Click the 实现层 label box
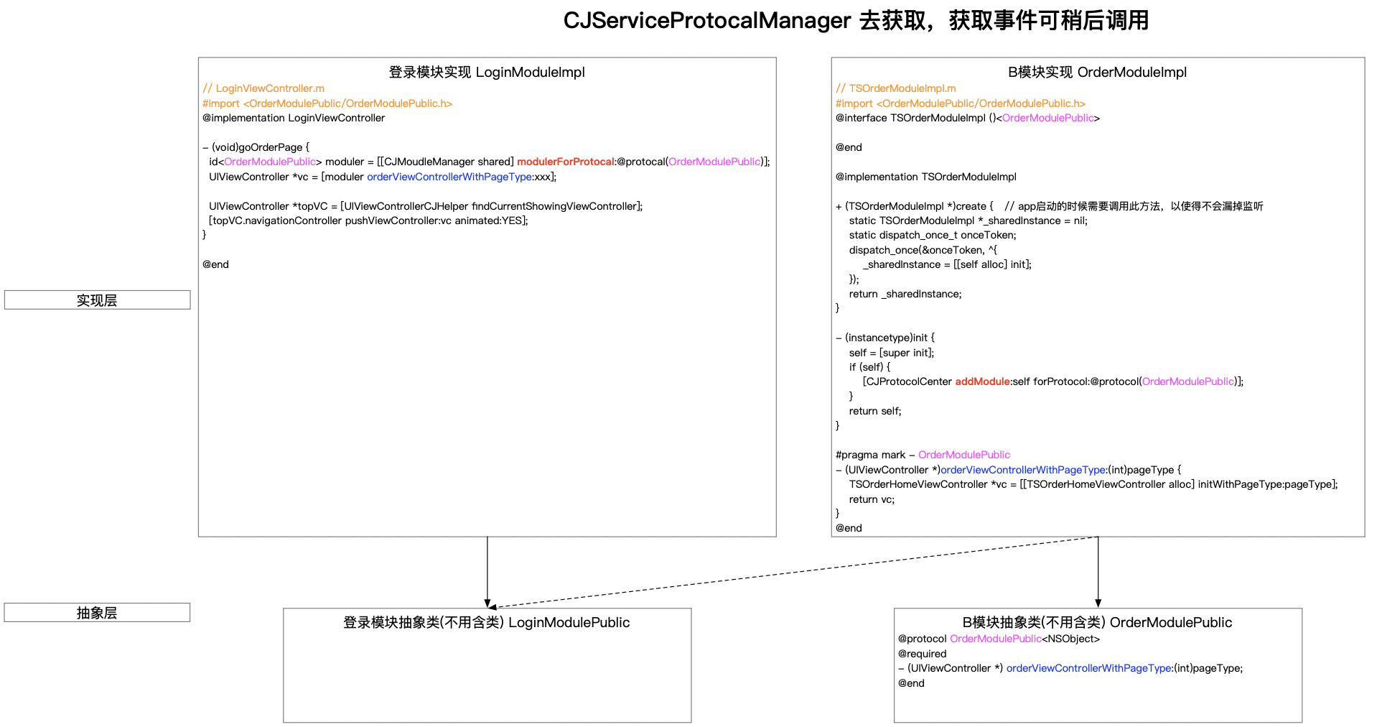coord(97,300)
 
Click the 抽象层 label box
coord(97,612)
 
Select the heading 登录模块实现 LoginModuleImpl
coord(487,72)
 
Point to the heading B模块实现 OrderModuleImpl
coord(1097,72)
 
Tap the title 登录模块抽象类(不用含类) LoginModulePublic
coord(487,622)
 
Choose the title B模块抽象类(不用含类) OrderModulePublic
coord(1097,622)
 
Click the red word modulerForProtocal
coord(566,162)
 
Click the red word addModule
coord(982,381)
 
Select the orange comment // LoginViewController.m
coord(263,88)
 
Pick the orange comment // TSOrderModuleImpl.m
coord(896,88)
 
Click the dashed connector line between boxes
coord(793,572)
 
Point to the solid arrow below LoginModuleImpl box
coord(487,572)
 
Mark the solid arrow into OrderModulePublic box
coord(1098,572)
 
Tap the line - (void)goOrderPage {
coord(256,147)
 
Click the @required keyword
coord(922,654)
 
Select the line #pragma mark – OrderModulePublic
coord(923,455)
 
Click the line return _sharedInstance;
coord(905,294)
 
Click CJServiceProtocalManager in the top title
coord(707,20)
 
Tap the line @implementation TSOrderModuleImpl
coord(926,177)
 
